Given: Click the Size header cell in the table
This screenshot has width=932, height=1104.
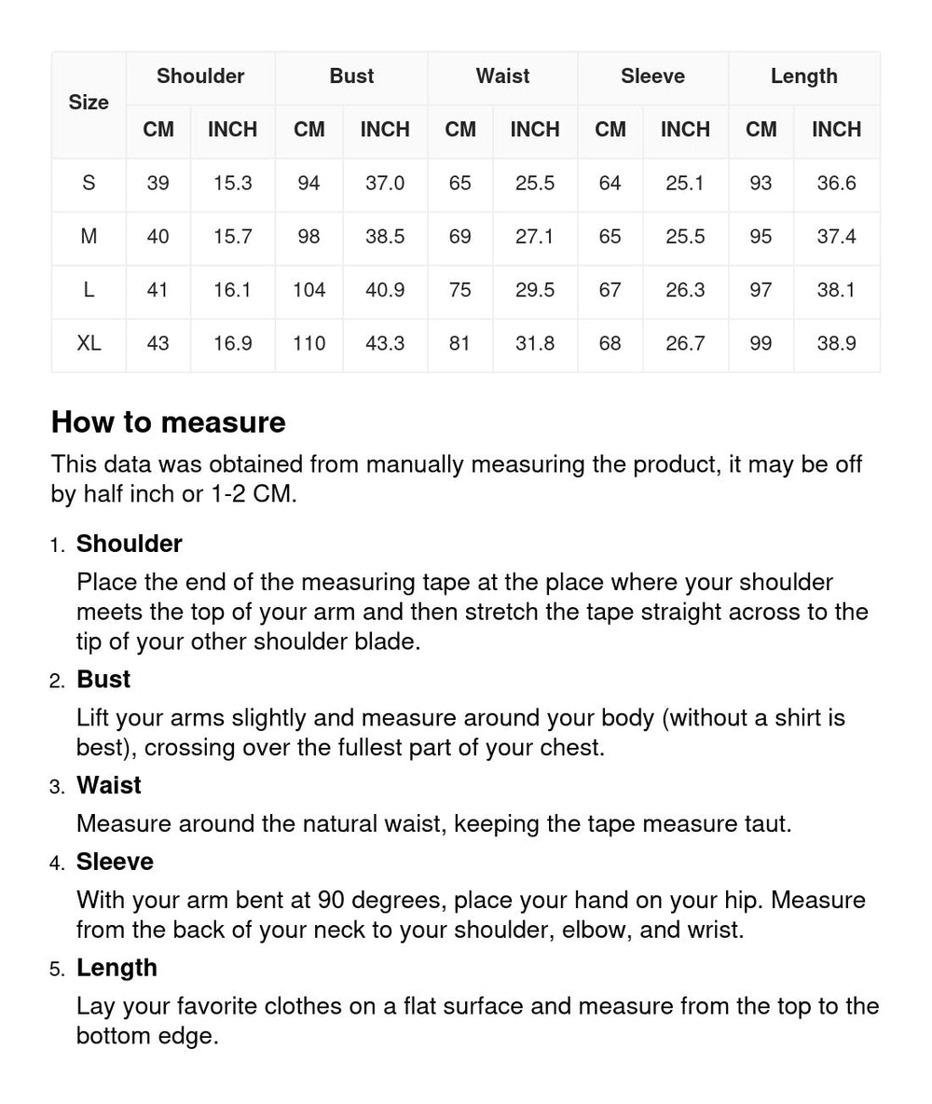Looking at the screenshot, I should (x=89, y=103).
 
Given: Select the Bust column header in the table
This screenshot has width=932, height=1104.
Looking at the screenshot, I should (x=351, y=76).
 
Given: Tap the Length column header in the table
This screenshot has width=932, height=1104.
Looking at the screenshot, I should (x=803, y=76).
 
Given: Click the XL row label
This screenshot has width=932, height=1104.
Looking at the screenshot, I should (x=89, y=344).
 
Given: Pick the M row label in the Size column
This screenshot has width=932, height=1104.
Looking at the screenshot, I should (x=89, y=237).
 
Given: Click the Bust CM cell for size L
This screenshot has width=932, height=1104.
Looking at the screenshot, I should (x=308, y=290).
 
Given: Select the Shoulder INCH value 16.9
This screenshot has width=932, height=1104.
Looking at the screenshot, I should (x=232, y=344).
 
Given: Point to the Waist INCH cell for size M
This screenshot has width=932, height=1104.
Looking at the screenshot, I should (x=534, y=237).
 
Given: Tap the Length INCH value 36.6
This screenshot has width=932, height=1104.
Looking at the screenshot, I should (x=836, y=184).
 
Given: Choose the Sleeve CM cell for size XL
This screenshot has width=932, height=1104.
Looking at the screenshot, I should (x=610, y=344).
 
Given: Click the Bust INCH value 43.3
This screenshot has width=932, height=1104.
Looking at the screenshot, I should (x=384, y=344).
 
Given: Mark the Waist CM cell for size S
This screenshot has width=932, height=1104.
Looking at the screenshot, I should (x=459, y=184).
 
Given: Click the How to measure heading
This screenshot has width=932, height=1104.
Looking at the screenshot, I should (x=168, y=422).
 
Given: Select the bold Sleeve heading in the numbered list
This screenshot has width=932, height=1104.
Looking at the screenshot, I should (x=115, y=862).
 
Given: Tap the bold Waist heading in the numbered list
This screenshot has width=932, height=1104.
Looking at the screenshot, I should (x=109, y=785).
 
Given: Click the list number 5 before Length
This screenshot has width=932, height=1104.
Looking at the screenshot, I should (x=57, y=970).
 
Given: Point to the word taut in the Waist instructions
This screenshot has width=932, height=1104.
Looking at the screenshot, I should (x=766, y=824).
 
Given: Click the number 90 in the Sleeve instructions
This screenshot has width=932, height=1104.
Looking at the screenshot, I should (x=332, y=901).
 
